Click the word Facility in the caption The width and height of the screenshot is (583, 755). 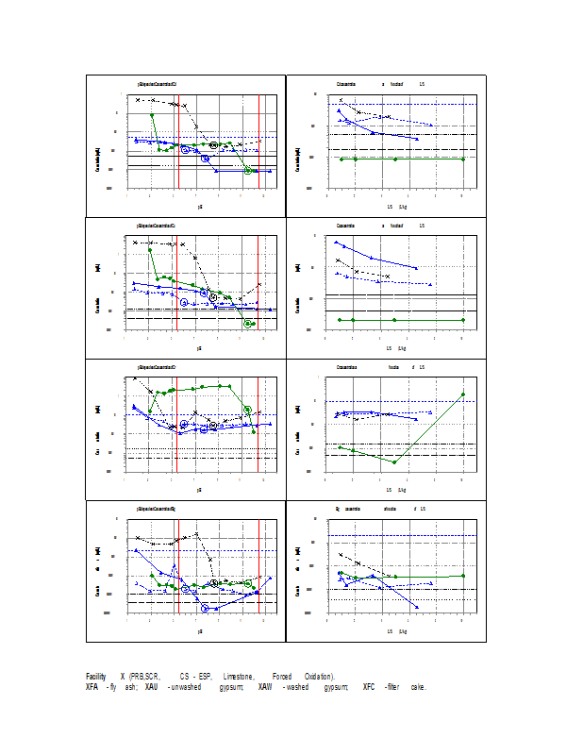click(95, 677)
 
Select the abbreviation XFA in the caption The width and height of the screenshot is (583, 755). click(93, 687)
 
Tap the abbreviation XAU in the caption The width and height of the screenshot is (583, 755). click(151, 687)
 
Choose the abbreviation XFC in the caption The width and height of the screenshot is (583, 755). click(369, 687)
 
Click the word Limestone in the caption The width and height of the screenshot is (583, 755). click(240, 677)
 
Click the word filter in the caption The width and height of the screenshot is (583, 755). click(394, 687)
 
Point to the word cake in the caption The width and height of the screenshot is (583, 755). click(419, 687)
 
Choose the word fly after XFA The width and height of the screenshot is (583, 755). click(112, 687)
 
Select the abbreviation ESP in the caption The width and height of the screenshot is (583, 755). click(205, 677)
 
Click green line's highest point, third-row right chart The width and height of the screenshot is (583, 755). click(463, 394)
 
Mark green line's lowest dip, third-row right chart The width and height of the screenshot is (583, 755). click(395, 462)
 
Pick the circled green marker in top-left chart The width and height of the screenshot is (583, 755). click(248, 171)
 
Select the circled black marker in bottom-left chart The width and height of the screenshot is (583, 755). click(214, 583)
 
